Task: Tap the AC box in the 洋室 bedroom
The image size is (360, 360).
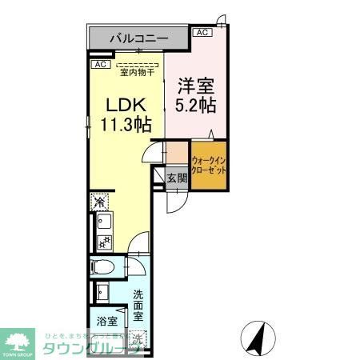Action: [x=202, y=33]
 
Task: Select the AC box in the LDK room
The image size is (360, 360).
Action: [x=100, y=64]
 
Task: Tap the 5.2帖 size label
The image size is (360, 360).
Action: [x=194, y=104]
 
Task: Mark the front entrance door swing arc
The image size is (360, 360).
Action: [x=176, y=202]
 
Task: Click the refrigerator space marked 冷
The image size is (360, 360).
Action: [x=99, y=201]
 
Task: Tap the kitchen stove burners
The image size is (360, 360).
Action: [x=103, y=242]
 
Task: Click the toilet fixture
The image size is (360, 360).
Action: [x=105, y=268]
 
